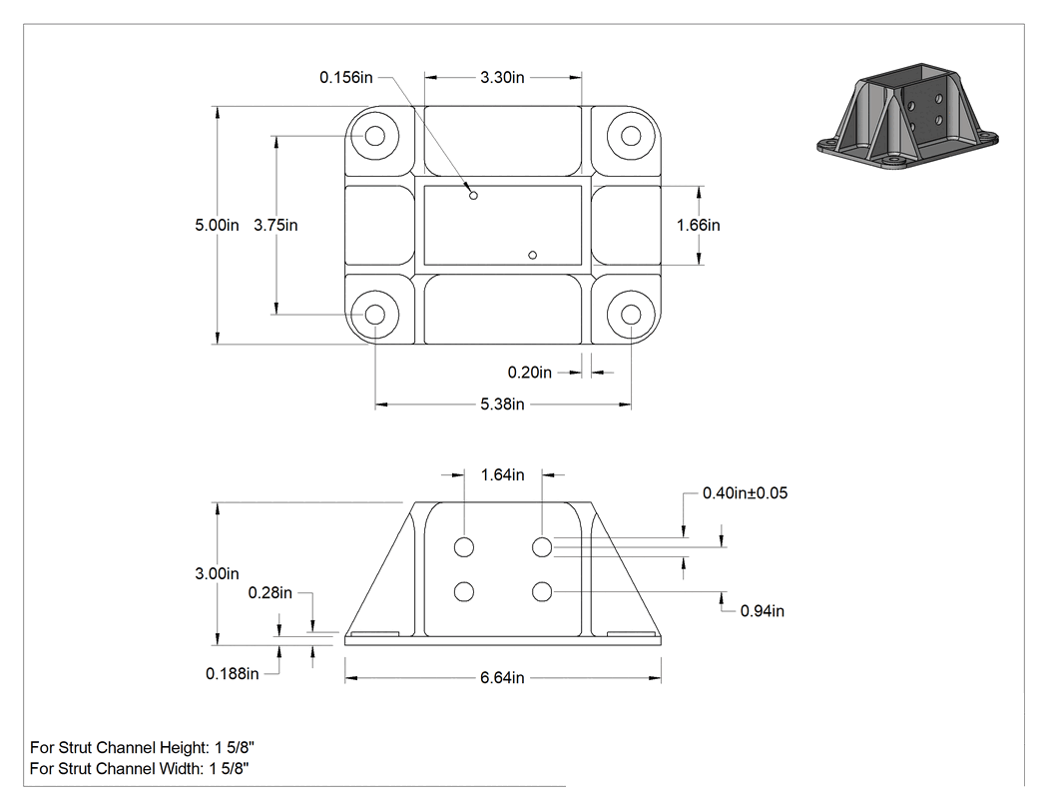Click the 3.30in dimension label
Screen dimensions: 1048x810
[502, 78]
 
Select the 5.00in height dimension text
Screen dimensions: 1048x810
[217, 226]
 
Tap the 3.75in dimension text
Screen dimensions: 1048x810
[275, 226]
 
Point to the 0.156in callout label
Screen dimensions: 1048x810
[345, 78]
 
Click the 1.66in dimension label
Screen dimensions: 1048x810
[699, 226]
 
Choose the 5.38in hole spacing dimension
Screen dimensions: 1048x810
[502, 404]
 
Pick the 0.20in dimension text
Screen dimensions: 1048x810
[529, 373]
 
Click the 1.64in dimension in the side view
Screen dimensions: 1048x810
[503, 474]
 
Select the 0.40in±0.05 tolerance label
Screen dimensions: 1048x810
[745, 493]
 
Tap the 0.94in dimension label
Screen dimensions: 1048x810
[762, 611]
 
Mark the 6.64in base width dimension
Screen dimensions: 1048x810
[502, 678]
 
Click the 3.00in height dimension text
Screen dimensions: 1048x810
[217, 574]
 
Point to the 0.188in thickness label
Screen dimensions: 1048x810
[232, 673]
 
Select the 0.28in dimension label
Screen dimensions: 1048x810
[270, 593]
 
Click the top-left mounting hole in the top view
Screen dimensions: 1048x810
[375, 136]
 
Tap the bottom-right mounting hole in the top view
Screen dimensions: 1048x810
[631, 315]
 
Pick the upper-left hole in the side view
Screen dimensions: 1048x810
[464, 547]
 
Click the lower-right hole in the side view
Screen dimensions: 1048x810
[542, 592]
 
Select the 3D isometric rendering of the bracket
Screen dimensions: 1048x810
[907, 119]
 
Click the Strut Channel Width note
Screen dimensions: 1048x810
[139, 768]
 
